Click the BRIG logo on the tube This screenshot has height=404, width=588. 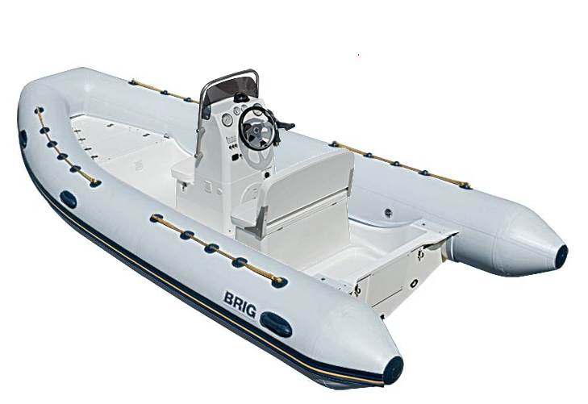[240, 304]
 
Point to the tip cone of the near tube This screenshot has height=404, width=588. [393, 369]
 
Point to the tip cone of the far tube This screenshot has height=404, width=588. [561, 255]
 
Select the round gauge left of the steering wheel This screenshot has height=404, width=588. [227, 120]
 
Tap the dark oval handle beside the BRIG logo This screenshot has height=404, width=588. [276, 323]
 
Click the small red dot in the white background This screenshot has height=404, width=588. [358, 55]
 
